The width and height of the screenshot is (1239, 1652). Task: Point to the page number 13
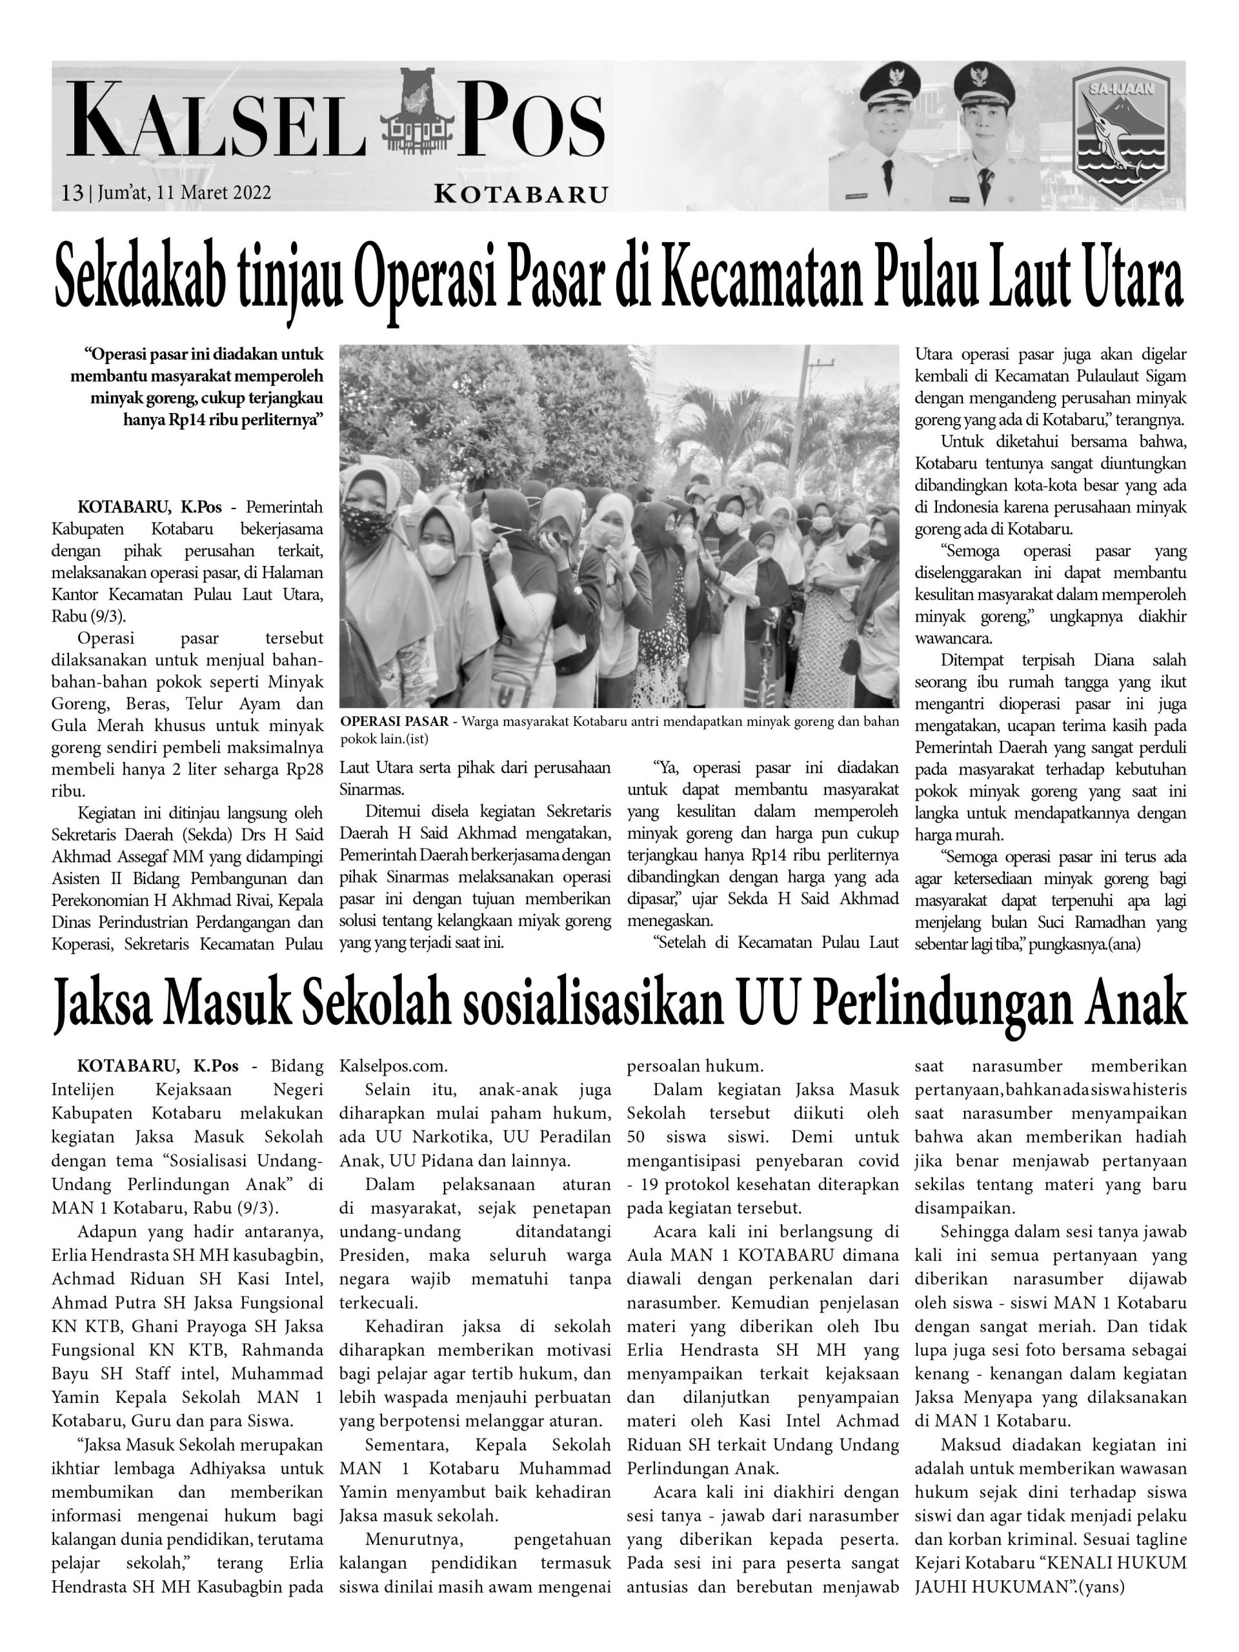[x=72, y=194]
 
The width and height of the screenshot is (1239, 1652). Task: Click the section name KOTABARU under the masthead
[x=521, y=195]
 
